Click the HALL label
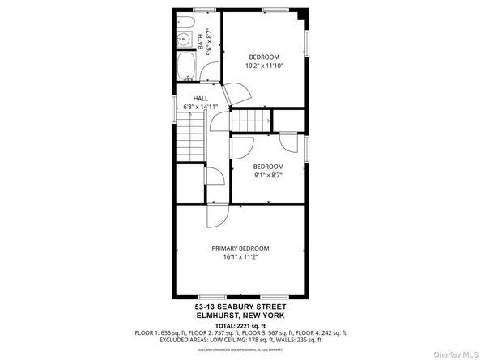[200, 97]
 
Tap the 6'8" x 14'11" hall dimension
[200, 105]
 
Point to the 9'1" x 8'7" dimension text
[268, 175]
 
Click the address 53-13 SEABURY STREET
[240, 307]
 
